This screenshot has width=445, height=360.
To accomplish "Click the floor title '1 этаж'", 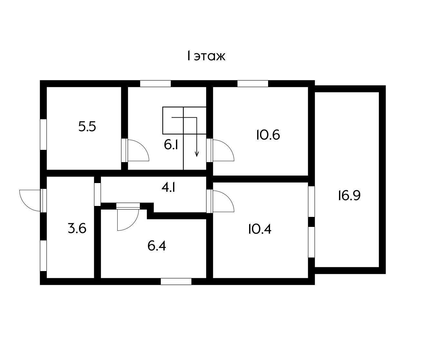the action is (206, 56).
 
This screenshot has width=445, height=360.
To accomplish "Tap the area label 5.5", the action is (87, 127).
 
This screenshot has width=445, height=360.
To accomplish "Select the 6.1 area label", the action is (171, 145).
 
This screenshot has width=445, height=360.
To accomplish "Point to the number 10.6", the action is (268, 135).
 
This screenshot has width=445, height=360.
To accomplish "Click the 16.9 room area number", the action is (349, 196).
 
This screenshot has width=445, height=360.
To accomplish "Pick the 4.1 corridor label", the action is (169, 188).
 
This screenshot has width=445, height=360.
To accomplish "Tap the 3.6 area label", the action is (77, 228).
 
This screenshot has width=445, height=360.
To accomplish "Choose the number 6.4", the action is (157, 246).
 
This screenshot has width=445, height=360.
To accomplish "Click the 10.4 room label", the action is (260, 229).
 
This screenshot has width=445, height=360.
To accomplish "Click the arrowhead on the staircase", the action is (197, 154).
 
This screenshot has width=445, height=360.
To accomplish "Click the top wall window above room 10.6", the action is (253, 83).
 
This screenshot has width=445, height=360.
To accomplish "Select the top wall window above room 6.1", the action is (155, 83).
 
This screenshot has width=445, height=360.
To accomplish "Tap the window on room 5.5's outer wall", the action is (43, 134).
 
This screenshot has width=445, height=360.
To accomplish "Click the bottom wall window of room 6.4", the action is (176, 281).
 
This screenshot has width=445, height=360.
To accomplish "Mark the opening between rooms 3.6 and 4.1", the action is (98, 195).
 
